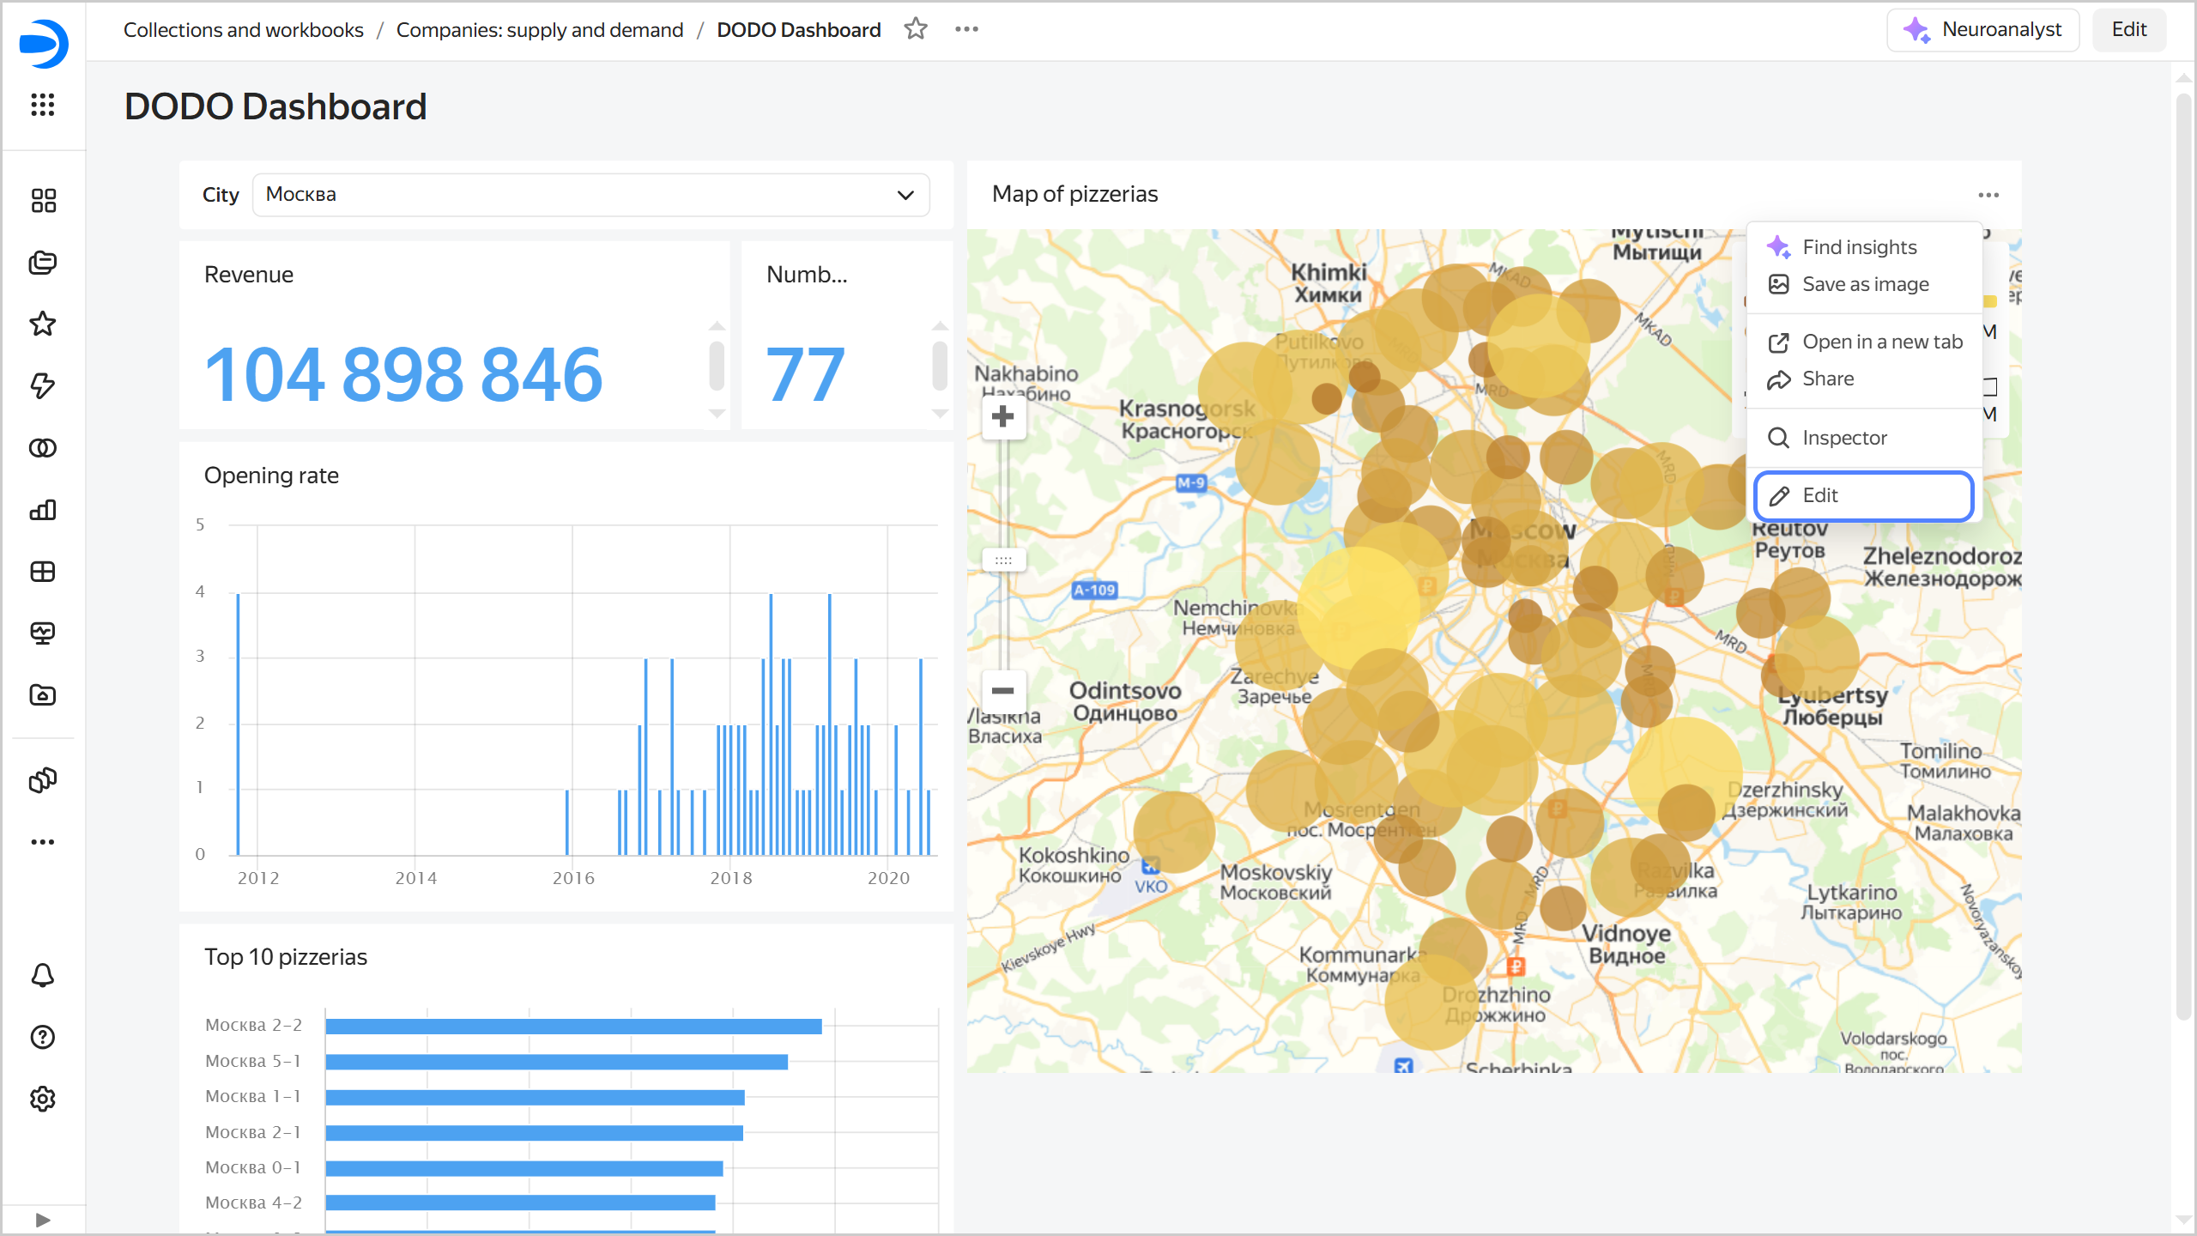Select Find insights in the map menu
(1859, 247)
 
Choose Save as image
(1865, 284)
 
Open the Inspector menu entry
(1844, 438)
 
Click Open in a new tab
(1882, 342)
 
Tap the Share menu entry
(1828, 379)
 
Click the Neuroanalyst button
(1982, 30)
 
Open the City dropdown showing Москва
(590, 195)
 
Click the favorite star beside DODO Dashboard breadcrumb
(916, 29)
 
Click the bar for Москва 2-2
(573, 1026)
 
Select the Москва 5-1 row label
(253, 1061)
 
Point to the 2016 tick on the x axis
(573, 877)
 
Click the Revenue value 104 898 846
(403, 374)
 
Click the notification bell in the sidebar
(43, 975)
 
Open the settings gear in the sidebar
(43, 1099)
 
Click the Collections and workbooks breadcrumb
(244, 30)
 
